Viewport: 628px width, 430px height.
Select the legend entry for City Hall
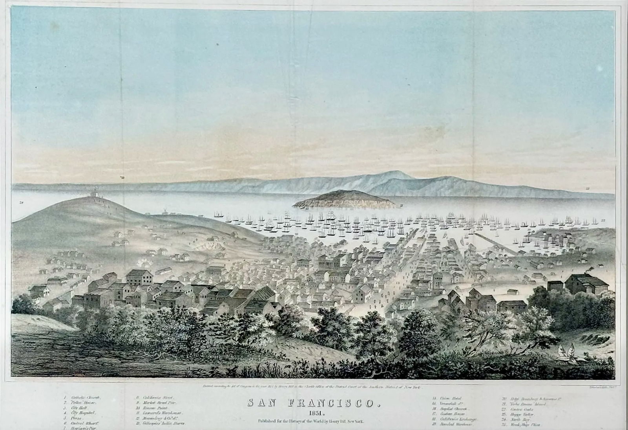(x=75, y=408)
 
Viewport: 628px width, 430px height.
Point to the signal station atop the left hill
(x=94, y=194)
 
